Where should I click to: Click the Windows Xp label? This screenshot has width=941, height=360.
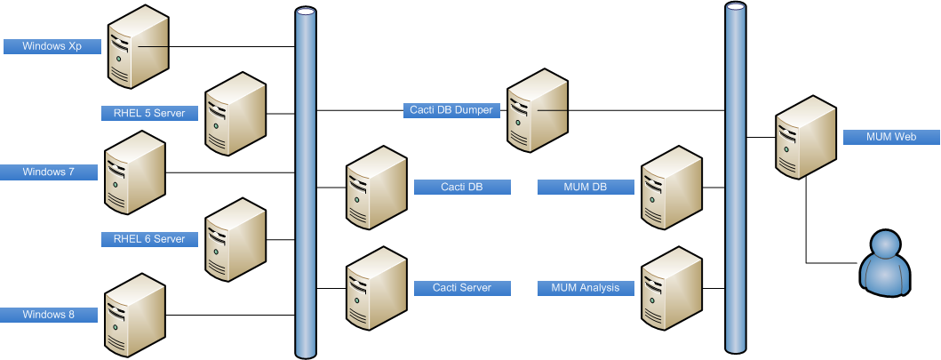[x=52, y=46]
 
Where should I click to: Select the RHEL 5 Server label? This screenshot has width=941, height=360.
[x=149, y=113]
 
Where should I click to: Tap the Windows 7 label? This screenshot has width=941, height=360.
[x=49, y=172]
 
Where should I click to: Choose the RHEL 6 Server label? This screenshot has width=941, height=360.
[x=149, y=239]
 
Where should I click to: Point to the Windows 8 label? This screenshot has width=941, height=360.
[x=49, y=315]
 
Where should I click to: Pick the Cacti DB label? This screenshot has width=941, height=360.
[x=462, y=187]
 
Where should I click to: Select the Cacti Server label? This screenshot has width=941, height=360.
[x=462, y=288]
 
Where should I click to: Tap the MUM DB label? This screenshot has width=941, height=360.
[x=586, y=187]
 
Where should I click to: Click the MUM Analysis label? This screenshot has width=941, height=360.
[x=586, y=288]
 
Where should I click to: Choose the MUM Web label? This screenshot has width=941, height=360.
[x=891, y=137]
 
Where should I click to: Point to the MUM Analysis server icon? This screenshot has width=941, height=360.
[x=672, y=288]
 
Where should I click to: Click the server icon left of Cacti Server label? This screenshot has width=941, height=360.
[x=377, y=288]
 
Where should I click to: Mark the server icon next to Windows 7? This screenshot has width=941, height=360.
[x=135, y=172]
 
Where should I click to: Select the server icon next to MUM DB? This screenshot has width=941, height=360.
[x=672, y=188]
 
